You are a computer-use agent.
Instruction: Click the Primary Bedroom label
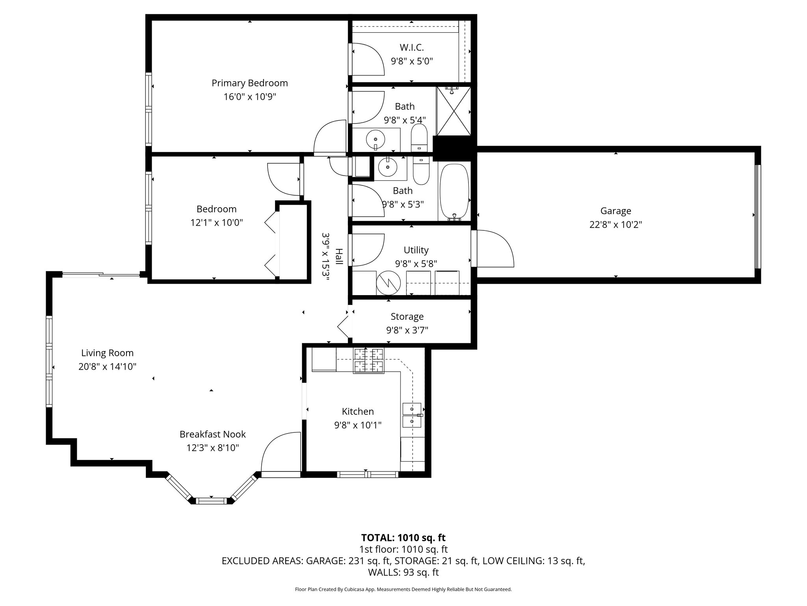pos(249,83)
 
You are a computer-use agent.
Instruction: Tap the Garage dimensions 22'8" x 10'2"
pos(615,224)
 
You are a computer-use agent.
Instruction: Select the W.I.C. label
pos(412,48)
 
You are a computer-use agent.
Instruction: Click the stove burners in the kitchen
pos(369,361)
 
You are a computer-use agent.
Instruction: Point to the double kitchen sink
pos(412,415)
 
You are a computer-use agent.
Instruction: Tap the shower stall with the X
pos(454,111)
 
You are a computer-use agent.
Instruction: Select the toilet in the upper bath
pos(418,138)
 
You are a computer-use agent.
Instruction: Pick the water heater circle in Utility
pos(388,282)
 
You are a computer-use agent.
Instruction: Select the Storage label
pos(407,316)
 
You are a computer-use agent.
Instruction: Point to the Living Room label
pos(107,353)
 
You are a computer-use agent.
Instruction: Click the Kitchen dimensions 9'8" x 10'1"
pos(357,425)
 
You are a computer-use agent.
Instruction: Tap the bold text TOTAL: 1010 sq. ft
pos(403,537)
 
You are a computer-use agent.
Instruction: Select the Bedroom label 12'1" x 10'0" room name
pos(216,209)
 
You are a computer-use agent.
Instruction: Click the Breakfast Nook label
pos(212,434)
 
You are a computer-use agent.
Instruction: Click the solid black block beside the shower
pos(452,148)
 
